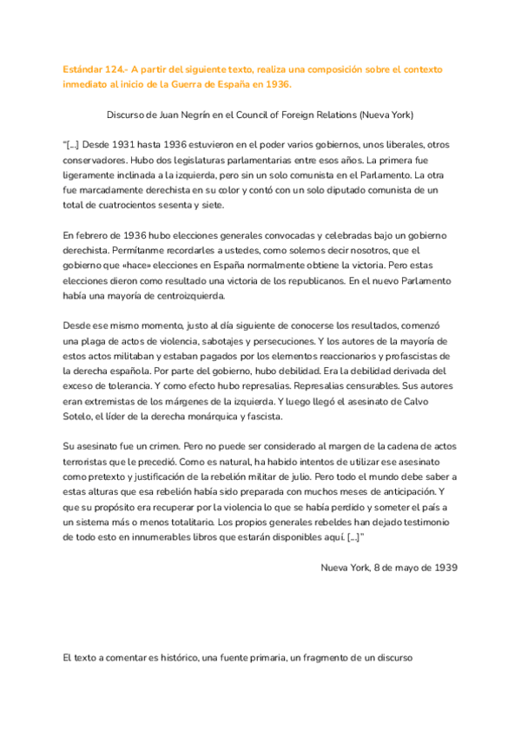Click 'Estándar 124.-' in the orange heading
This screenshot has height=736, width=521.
click(x=97, y=69)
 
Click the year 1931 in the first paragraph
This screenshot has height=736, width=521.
click(x=134, y=144)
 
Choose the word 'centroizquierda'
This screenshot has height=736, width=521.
click(x=183, y=296)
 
